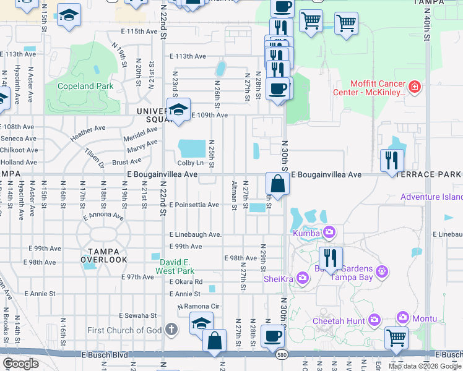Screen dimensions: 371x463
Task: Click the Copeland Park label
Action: pos(85,86)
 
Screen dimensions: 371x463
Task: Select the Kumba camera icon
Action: pos(329,232)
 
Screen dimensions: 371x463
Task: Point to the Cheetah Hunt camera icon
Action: pos(374,320)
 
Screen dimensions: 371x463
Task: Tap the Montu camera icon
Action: pos(404,317)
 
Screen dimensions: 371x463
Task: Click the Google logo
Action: pos(20,364)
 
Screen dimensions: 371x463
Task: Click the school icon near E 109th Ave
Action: pos(178,111)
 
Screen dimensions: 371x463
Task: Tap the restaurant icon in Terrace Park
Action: pos(392,160)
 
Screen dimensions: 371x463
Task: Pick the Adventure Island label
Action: pos(431,197)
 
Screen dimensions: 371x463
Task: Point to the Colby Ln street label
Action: pos(191,163)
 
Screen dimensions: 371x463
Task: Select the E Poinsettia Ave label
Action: pos(195,205)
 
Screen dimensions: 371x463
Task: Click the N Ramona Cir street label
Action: pos(199,307)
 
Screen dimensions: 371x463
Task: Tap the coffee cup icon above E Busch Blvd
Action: pos(272,337)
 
